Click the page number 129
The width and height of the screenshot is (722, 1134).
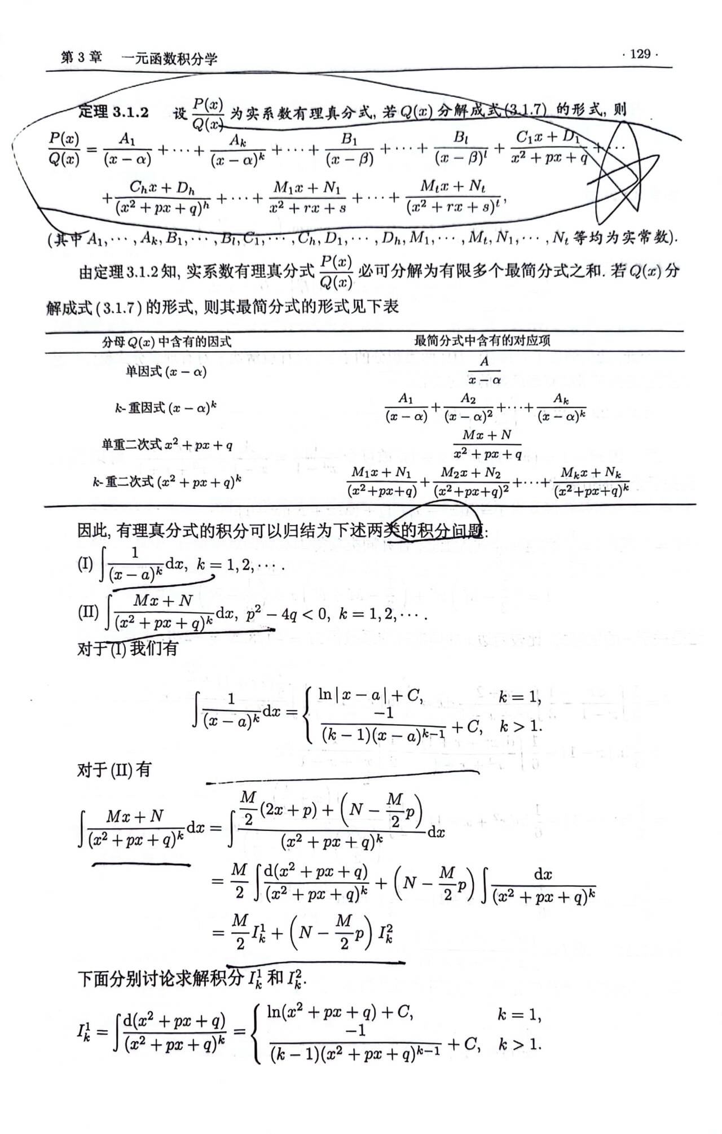pyautogui.click(x=640, y=54)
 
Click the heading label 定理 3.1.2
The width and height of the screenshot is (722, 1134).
pyautogui.click(x=113, y=112)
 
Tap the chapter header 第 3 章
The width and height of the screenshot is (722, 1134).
pyautogui.click(x=81, y=58)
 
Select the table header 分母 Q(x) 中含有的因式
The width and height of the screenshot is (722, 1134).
pyautogui.click(x=166, y=341)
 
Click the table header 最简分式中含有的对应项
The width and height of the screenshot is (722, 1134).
pyautogui.click(x=482, y=340)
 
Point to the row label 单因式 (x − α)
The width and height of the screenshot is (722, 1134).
pyautogui.click(x=166, y=371)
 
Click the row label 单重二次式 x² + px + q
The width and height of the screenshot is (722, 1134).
pyautogui.click(x=167, y=445)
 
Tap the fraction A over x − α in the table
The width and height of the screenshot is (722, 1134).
pyautogui.click(x=485, y=370)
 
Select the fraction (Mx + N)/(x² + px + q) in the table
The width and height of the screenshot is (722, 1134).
pyautogui.click(x=487, y=444)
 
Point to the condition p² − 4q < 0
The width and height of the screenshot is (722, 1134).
pyautogui.click(x=288, y=614)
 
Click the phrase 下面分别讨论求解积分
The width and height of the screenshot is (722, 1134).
pyautogui.click(x=161, y=978)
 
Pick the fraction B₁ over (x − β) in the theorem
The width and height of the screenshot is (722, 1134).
pyautogui.click(x=350, y=149)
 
